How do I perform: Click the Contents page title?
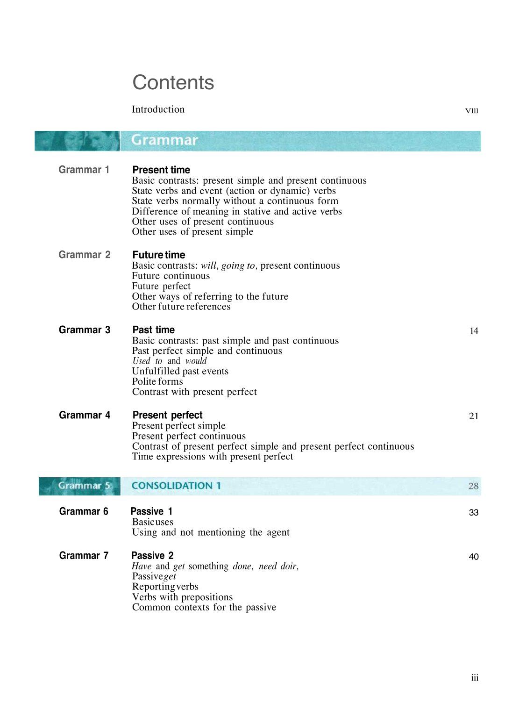(x=173, y=83)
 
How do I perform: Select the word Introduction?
(x=158, y=109)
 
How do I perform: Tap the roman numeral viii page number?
(x=471, y=111)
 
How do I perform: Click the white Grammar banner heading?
(x=164, y=140)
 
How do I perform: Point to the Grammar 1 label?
(x=84, y=170)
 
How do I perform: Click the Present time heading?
(x=161, y=170)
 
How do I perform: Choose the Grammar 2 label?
(x=85, y=255)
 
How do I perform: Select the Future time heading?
(x=159, y=255)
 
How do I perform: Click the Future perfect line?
(x=161, y=286)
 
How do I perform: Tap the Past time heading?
(x=153, y=330)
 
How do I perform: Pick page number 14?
(x=474, y=331)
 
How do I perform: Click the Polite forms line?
(x=157, y=381)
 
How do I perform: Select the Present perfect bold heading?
(x=167, y=415)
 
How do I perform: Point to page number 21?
(x=474, y=416)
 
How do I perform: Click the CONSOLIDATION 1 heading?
(x=176, y=486)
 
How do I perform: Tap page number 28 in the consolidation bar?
(x=473, y=486)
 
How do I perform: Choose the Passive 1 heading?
(x=151, y=511)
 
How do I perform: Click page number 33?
(x=473, y=513)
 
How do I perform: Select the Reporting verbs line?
(x=165, y=587)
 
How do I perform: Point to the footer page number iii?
(x=475, y=678)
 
